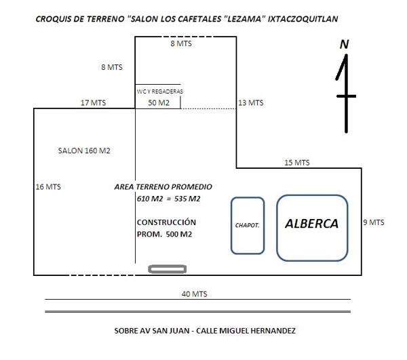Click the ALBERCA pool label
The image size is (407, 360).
coord(312,224)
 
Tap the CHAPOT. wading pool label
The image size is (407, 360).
coord(247,225)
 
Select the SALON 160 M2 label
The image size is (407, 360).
coord(84,151)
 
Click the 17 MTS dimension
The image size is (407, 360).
coord(93,102)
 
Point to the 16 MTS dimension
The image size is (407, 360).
coord(48,186)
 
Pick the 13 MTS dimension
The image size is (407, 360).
coord(251,102)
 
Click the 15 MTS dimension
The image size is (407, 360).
coord(297,163)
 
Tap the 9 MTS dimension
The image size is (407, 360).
coord(374,222)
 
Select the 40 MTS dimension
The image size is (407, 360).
coord(195,294)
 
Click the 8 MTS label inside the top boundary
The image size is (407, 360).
coord(181,43)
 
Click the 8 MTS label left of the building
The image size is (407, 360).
coord(112,67)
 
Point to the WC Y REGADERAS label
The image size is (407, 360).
coord(160,92)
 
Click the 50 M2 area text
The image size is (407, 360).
coord(159,102)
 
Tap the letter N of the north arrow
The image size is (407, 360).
coord(344,44)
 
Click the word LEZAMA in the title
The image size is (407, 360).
coord(244,19)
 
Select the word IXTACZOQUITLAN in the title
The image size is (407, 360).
coord(303,19)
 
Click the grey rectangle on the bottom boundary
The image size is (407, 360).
coord(167,269)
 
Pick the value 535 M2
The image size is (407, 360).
coord(187,199)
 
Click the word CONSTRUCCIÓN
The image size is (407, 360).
coord(166,222)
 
